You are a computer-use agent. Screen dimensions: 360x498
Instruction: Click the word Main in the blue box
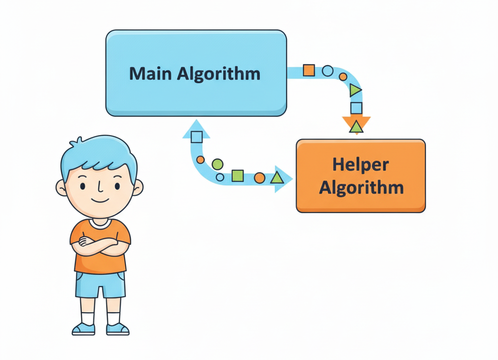151,73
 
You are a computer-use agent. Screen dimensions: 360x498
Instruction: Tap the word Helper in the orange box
360,165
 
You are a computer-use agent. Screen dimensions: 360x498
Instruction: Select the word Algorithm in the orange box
361,187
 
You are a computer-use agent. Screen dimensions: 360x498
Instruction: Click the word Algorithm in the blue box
218,73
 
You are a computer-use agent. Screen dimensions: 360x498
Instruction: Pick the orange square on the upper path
309,70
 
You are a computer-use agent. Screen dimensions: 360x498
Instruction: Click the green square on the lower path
237,176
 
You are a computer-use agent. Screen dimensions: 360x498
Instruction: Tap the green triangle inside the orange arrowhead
356,127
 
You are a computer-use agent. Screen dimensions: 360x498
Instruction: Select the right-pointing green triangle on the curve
356,90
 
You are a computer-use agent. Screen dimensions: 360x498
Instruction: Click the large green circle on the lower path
217,164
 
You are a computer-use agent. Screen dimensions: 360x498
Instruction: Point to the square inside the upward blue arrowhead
196,137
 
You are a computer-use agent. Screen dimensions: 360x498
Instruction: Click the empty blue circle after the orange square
328,71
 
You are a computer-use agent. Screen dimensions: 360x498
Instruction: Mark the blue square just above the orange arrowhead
356,108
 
